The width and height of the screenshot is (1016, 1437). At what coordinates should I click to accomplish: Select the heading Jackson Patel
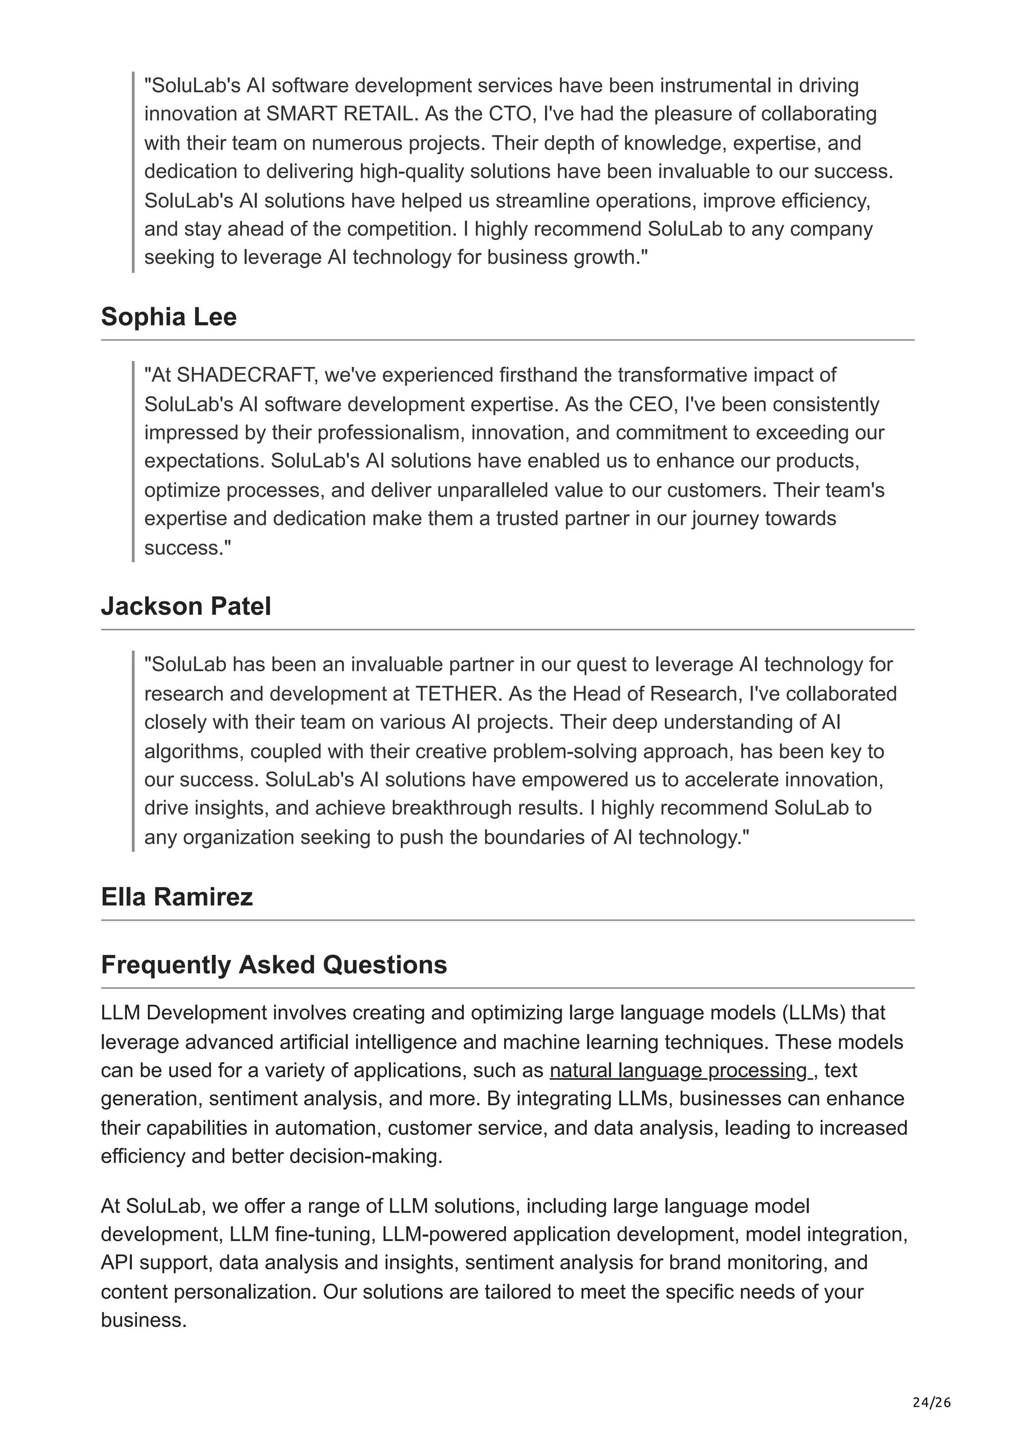coord(186,606)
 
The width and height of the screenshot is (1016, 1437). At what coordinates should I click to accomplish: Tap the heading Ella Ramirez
coord(177,897)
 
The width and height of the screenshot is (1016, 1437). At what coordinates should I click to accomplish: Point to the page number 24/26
coord(932,1403)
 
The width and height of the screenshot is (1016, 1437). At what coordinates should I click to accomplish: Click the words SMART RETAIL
coord(339,114)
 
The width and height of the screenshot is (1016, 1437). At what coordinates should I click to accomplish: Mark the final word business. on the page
coord(144,1320)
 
